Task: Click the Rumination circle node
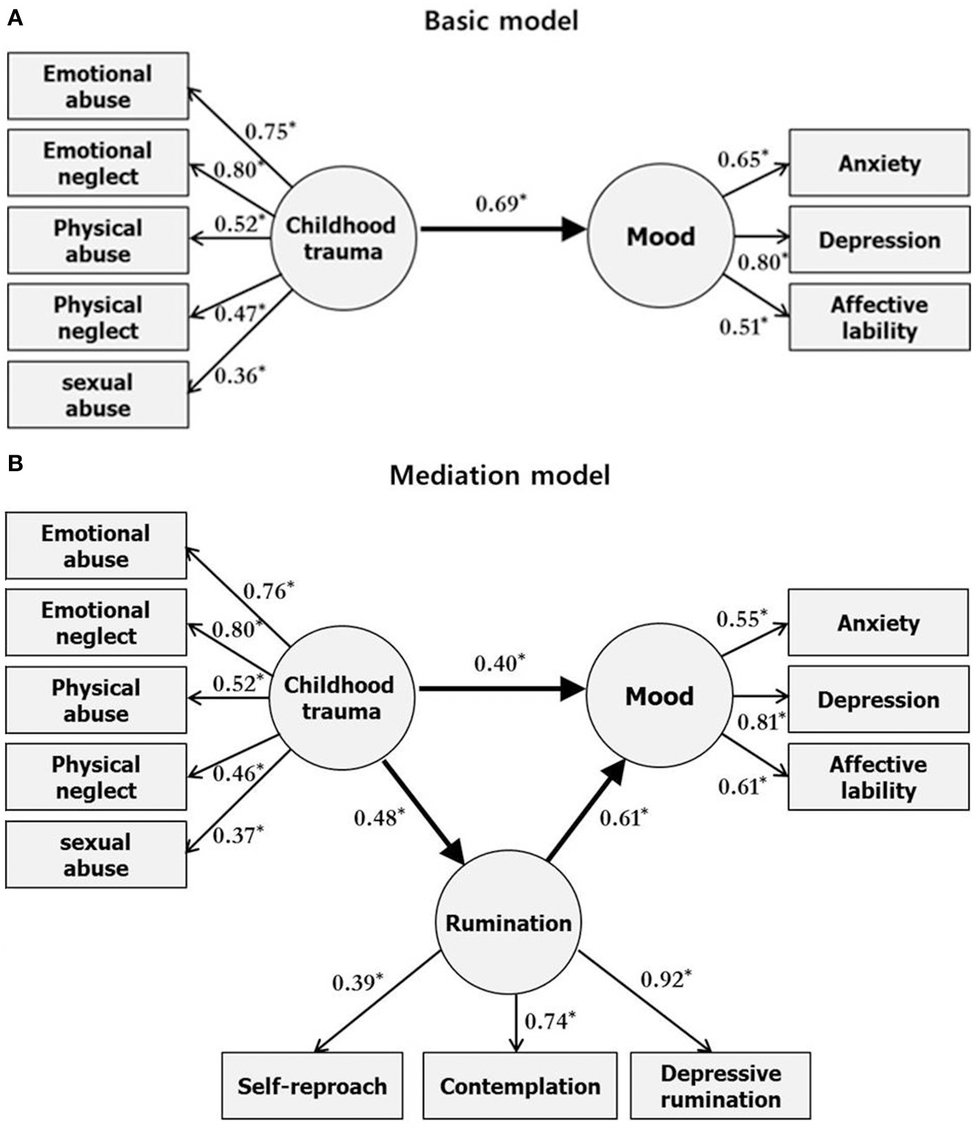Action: pyautogui.click(x=508, y=922)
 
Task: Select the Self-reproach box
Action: pyautogui.click(x=312, y=1086)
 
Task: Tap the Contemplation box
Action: pyautogui.click(x=520, y=1086)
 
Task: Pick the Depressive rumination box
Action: pyautogui.click(x=720, y=1086)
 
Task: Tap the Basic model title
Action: pyautogui.click(x=501, y=21)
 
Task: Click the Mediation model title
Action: pyautogui.click(x=500, y=475)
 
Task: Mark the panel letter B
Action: pyautogui.click(x=14, y=464)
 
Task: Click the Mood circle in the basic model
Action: pyautogui.click(x=661, y=237)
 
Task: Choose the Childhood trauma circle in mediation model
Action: pyautogui.click(x=341, y=697)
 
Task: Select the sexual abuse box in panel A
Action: pyautogui.click(x=98, y=395)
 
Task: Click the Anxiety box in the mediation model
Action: pyautogui.click(x=878, y=622)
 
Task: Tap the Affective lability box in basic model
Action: pyautogui.click(x=879, y=317)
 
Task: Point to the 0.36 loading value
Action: pyautogui.click(x=239, y=375)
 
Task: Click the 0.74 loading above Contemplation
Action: pyautogui.click(x=549, y=1021)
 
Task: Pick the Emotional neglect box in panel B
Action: pyautogui.click(x=96, y=622)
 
